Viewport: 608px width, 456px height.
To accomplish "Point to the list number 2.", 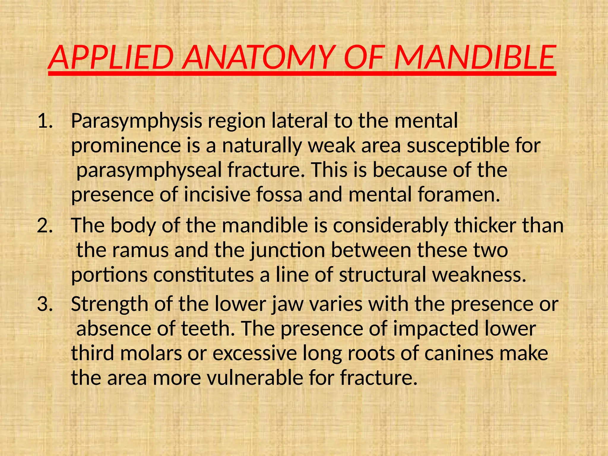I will click(x=45, y=226).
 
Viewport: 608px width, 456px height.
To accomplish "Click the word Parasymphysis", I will click(x=136, y=122).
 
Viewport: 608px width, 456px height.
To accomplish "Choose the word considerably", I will click(x=390, y=226).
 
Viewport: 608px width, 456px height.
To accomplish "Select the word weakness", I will click(x=479, y=275).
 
